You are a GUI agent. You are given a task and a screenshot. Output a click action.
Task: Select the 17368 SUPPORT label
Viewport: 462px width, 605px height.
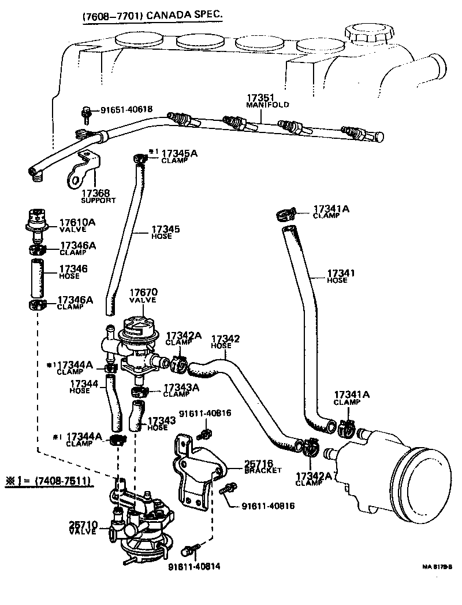coord(98,195)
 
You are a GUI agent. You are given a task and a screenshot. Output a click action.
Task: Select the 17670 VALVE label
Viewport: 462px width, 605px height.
coord(143,296)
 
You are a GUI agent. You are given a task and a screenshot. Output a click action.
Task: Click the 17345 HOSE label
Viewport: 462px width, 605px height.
coord(165,232)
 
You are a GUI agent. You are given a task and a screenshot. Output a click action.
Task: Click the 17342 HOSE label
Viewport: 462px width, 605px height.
coord(225,341)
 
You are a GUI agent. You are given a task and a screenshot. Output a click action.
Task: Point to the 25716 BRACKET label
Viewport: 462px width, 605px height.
coord(262,467)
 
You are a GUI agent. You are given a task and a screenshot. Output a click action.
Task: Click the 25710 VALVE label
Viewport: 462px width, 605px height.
coord(83,527)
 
